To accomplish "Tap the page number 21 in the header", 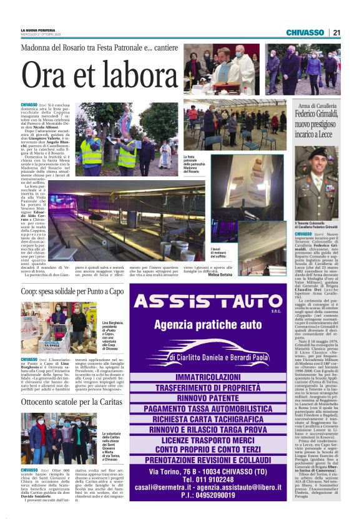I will pyautogui.click(x=336, y=32).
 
